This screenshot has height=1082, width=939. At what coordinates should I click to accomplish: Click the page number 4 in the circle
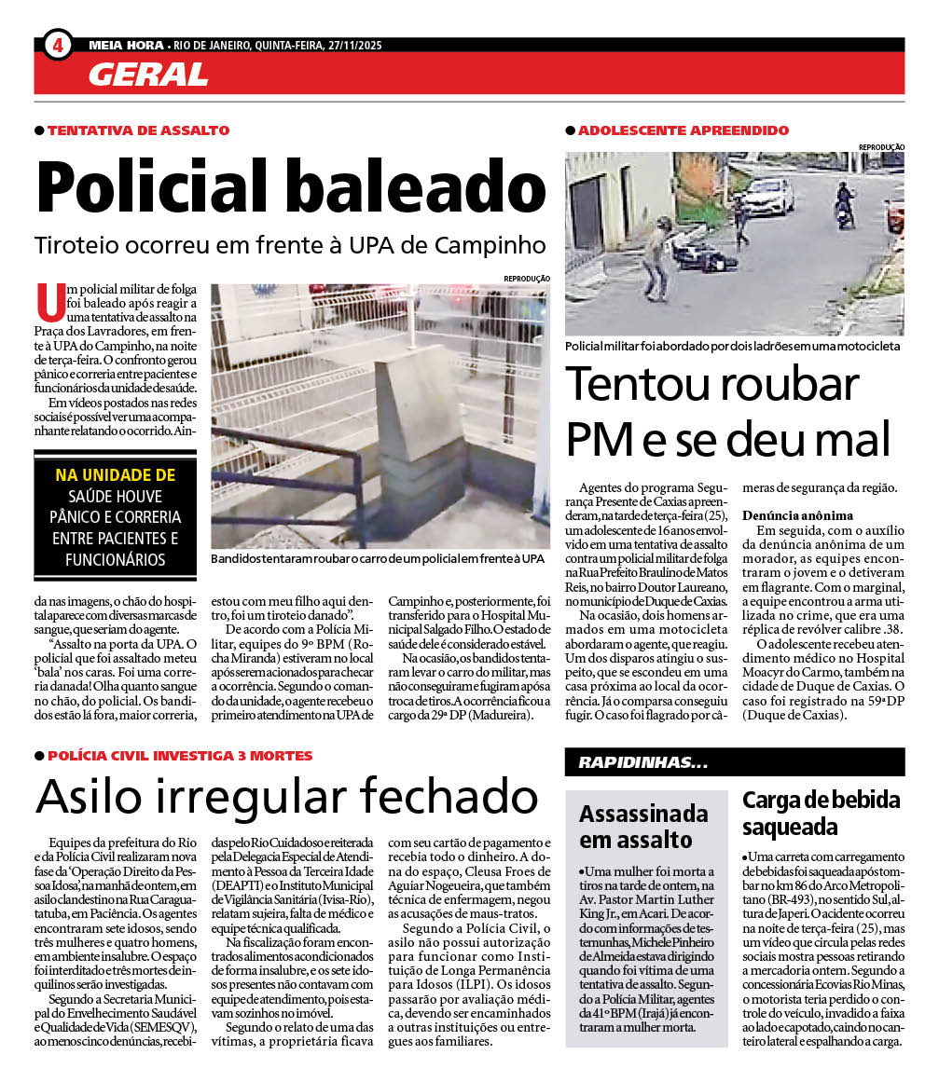coord(58,45)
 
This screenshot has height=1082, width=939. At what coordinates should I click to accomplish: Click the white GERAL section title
coord(148,74)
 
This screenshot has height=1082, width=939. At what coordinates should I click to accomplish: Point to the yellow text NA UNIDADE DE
coord(115,475)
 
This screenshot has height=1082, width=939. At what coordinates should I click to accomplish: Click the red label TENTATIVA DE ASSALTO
coord(138,130)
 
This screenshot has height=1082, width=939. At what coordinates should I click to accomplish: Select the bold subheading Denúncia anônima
coord(797,515)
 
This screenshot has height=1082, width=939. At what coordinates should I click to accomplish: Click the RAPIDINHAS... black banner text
coord(642,763)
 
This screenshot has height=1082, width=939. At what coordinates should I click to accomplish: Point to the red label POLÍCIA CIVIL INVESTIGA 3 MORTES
coord(180,756)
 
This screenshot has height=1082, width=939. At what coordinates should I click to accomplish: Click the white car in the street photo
coord(766,197)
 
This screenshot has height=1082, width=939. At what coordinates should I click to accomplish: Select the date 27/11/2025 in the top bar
coord(352,45)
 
